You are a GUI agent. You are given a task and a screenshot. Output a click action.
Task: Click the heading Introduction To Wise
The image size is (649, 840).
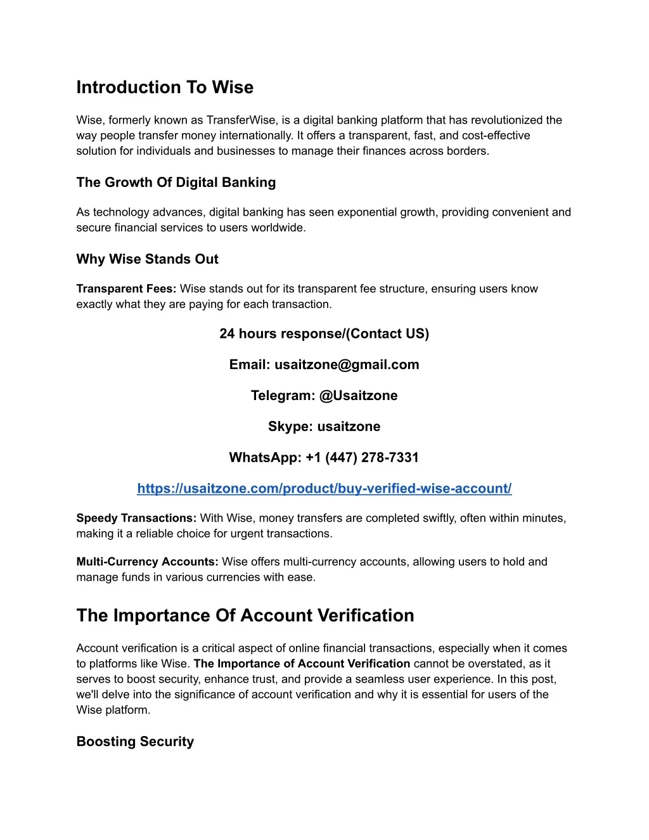165,87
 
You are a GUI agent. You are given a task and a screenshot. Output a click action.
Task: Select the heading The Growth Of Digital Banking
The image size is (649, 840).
176,183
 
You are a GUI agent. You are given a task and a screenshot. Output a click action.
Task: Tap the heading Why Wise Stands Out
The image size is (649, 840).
147,259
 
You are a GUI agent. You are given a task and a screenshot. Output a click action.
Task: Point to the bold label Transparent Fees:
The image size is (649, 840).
126,289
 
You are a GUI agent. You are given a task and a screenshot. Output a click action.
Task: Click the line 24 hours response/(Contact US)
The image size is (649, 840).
324,334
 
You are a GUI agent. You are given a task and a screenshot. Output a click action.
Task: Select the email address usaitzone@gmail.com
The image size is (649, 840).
347,365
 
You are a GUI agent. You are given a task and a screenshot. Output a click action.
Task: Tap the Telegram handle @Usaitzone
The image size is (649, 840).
358,396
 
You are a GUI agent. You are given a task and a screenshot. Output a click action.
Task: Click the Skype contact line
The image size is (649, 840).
324,427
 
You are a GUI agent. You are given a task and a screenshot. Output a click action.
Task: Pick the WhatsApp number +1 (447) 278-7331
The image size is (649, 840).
362,458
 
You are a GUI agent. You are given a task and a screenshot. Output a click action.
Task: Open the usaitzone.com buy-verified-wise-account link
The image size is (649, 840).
324,489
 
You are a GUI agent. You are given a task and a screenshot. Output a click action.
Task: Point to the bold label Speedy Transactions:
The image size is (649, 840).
136,519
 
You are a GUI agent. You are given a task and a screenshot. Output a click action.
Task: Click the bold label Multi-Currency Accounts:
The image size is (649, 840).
147,562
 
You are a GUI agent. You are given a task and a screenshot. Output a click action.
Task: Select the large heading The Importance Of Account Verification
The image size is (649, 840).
245,616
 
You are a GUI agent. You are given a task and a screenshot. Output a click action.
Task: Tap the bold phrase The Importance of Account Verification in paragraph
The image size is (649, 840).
302,664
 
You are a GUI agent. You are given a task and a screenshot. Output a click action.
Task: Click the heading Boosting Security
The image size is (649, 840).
135,742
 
